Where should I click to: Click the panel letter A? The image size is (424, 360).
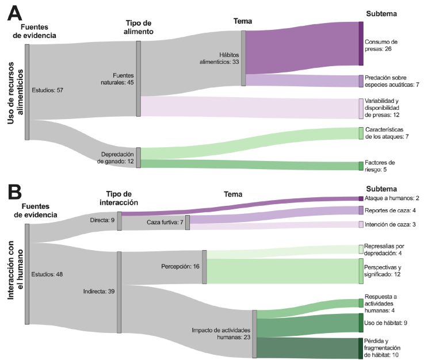(x=14, y=13)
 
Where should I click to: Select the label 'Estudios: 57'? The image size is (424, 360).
(x=48, y=90)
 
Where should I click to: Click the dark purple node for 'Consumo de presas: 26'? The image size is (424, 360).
(x=361, y=44)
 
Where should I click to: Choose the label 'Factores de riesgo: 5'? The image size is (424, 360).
(x=380, y=166)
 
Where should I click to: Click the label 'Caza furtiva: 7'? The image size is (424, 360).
(x=165, y=222)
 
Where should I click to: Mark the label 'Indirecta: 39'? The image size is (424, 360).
(x=99, y=292)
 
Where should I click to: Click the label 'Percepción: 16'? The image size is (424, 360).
(x=180, y=266)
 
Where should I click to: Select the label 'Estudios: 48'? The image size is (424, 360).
(x=48, y=274)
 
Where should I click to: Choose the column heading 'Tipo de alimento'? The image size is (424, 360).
(x=139, y=27)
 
